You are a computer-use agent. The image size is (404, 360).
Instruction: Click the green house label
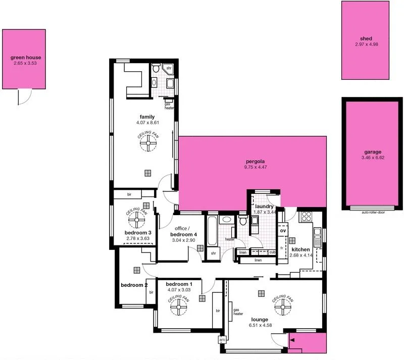pyautogui.click(x=24, y=58)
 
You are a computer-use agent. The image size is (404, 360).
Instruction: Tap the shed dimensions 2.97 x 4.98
pyautogui.click(x=366, y=44)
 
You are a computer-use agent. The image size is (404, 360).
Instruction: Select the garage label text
pyautogui.click(x=373, y=152)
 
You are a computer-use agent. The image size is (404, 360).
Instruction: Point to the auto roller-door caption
pyautogui.click(x=373, y=213)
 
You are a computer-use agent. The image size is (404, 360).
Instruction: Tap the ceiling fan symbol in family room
pyautogui.click(x=148, y=144)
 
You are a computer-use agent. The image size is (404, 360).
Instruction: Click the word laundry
pyautogui.click(x=264, y=206)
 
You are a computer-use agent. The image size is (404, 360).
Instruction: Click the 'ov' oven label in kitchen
pyautogui.click(x=282, y=231)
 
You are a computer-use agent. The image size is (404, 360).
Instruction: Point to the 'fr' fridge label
pyautogui.click(x=282, y=248)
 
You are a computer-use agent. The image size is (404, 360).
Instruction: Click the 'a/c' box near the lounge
pyautogui.click(x=222, y=340)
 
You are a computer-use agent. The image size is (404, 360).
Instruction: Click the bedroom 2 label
pyautogui.click(x=134, y=285)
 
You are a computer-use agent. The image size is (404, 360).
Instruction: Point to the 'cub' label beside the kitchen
pyautogui.click(x=272, y=252)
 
